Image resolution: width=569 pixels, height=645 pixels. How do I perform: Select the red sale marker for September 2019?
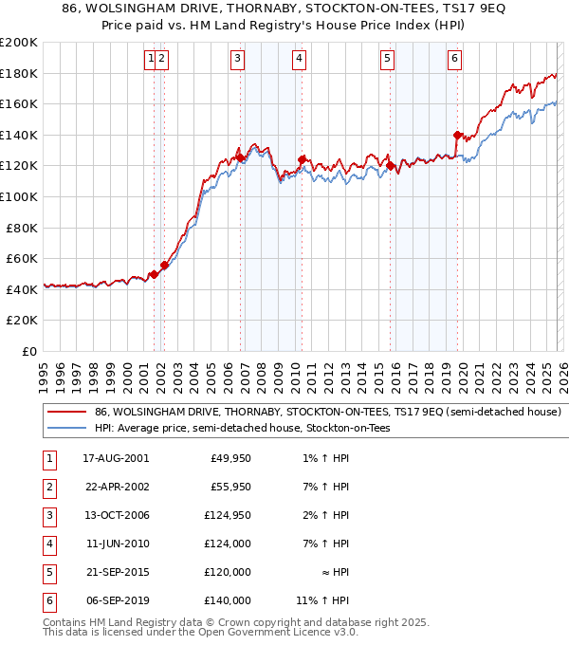point(457,135)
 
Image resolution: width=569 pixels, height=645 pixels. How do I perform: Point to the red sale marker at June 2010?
point(302,159)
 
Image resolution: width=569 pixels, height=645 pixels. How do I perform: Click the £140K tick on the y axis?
point(19,135)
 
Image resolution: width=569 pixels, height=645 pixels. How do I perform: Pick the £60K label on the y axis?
point(22,258)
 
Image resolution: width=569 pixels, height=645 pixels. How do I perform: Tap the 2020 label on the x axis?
point(463,371)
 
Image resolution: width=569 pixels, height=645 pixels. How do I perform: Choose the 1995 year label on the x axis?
point(44,371)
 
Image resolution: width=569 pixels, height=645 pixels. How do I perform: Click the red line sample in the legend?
point(66,413)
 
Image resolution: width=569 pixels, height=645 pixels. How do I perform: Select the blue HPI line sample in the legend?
point(66,429)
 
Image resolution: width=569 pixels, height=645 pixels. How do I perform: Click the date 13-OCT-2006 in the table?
point(116,515)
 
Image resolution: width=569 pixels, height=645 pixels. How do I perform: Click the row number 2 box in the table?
point(47,487)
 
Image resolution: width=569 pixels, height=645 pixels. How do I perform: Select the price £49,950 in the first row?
point(229,458)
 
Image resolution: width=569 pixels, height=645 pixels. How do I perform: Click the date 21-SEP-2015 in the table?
point(115,572)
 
